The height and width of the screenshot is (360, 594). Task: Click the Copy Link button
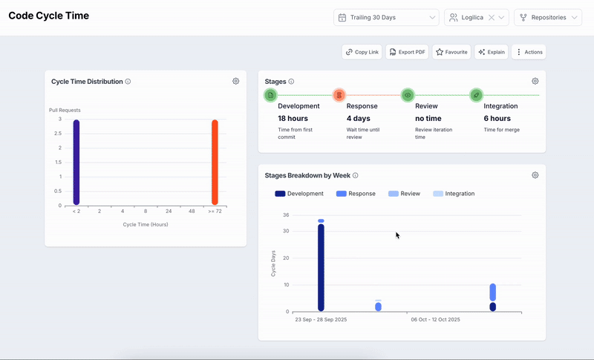pyautogui.click(x=362, y=52)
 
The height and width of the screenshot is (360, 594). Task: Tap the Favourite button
pyautogui.click(x=451, y=52)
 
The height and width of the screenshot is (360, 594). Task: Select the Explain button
pyautogui.click(x=492, y=52)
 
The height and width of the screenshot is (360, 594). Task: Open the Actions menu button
pyautogui.click(x=529, y=52)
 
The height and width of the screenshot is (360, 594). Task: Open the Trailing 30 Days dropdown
pyautogui.click(x=387, y=17)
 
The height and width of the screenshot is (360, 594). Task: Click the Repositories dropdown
pyautogui.click(x=547, y=17)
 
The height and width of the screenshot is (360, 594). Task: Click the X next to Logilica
pyautogui.click(x=491, y=17)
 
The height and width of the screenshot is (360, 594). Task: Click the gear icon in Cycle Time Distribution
pyautogui.click(x=235, y=81)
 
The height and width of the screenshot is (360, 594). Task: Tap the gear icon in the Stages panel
pyautogui.click(x=535, y=81)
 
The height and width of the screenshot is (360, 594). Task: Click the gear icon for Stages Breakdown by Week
pyautogui.click(x=535, y=175)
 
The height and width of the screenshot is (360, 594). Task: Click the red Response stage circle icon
pyautogui.click(x=339, y=95)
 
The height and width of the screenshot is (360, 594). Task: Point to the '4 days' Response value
pyautogui.click(x=361, y=118)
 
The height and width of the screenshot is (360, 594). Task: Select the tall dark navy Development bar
pyautogui.click(x=321, y=267)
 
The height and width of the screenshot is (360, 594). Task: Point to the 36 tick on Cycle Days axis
pyautogui.click(x=285, y=215)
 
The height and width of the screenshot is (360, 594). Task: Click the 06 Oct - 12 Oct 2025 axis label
pyautogui.click(x=435, y=320)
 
